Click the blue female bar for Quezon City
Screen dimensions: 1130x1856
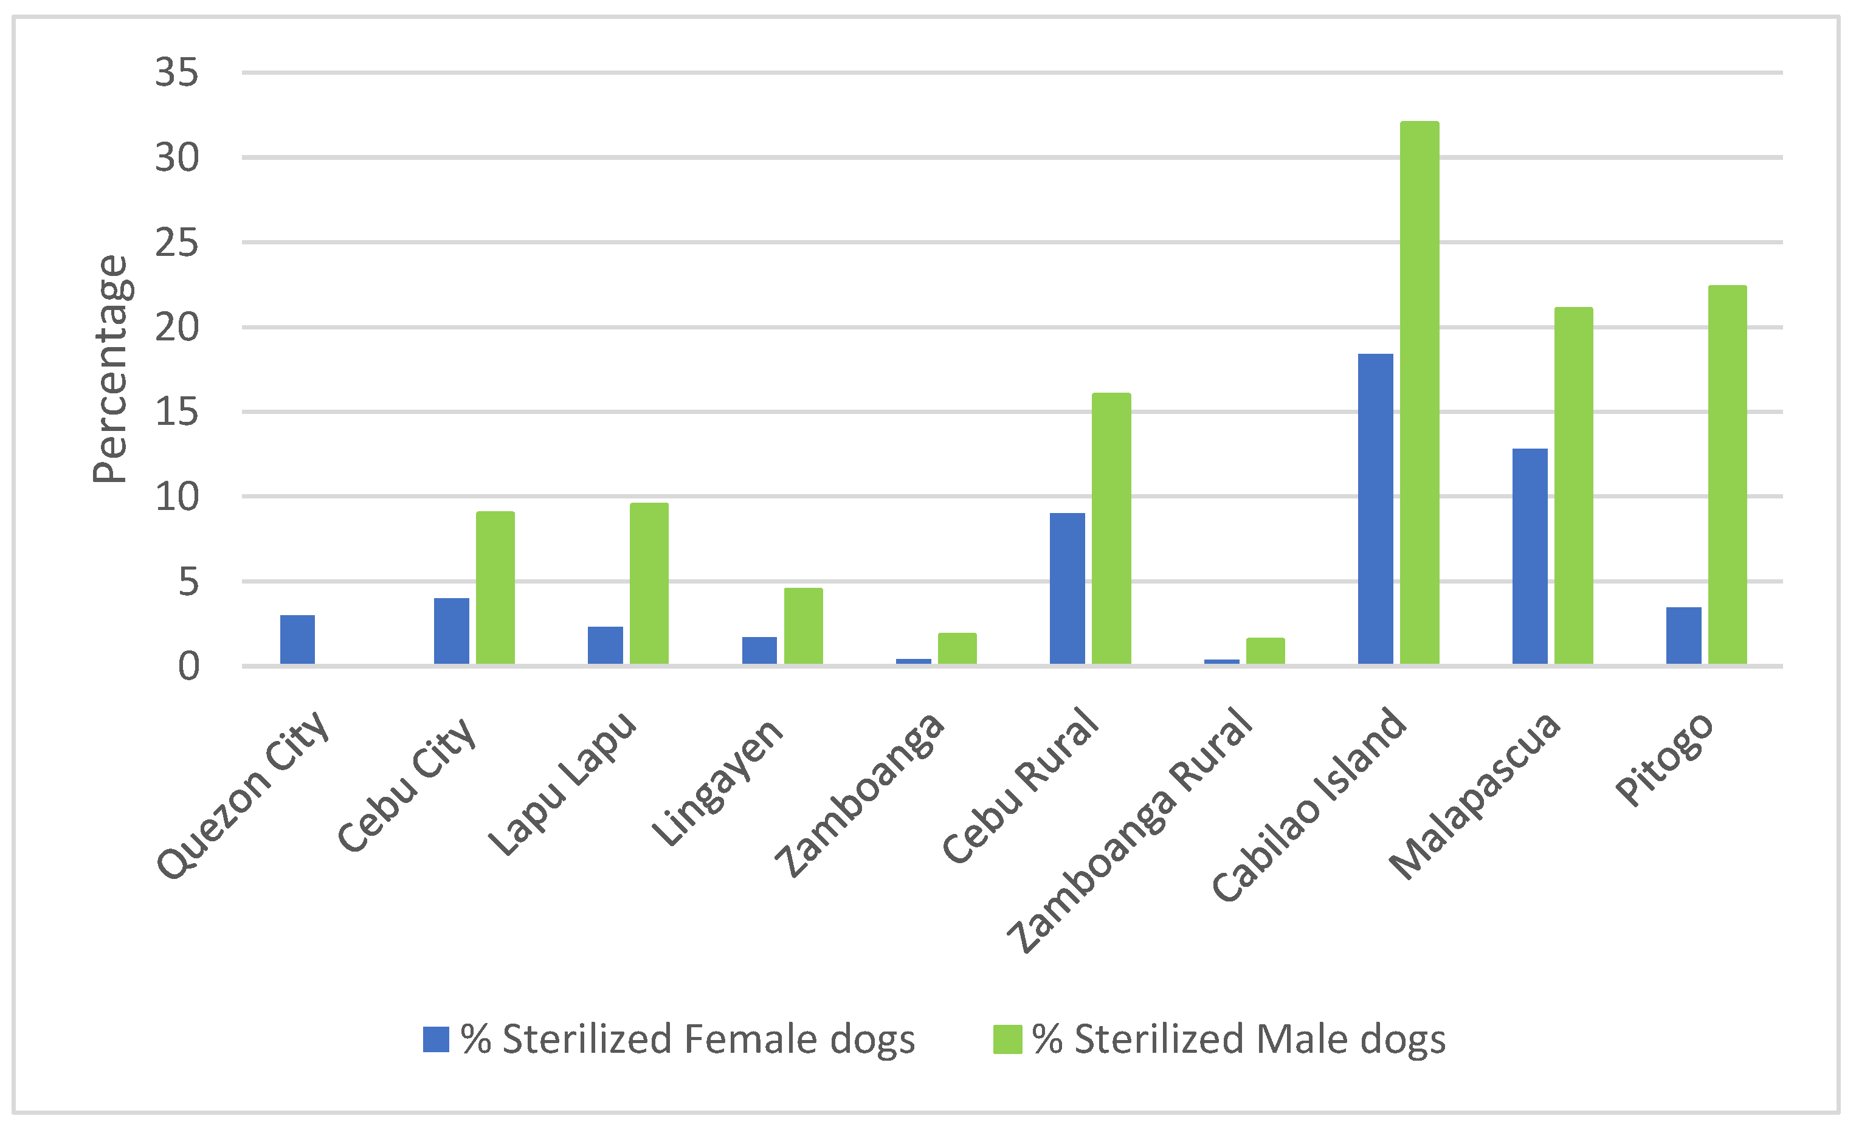click(297, 639)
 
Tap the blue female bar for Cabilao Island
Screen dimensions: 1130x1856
click(1375, 509)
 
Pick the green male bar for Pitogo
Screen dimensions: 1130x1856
click(1727, 475)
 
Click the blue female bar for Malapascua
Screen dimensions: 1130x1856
click(1530, 557)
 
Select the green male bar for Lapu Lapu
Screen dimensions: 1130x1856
click(649, 584)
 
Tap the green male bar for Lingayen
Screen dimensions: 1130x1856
click(803, 626)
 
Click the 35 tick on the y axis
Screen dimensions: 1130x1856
click(177, 73)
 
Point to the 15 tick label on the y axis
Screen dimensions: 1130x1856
click(177, 412)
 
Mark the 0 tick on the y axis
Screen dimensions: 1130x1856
click(188, 667)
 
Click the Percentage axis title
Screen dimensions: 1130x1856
click(111, 369)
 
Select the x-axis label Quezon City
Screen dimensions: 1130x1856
click(243, 794)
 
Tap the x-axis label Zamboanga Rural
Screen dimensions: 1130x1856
click(1130, 829)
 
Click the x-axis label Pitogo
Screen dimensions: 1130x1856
click(1665, 759)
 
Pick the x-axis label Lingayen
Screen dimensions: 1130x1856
click(717, 782)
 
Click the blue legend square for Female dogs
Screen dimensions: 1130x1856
click(436, 1039)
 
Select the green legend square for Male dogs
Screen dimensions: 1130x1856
click(1007, 1039)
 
